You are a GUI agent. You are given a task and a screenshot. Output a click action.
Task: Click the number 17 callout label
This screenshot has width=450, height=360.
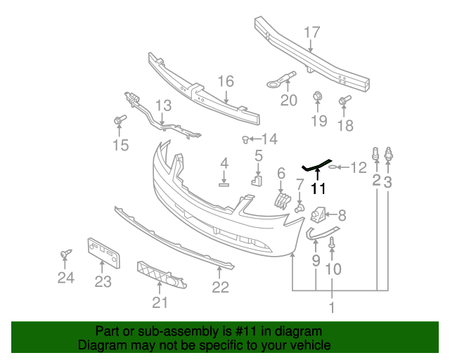click(x=311, y=32)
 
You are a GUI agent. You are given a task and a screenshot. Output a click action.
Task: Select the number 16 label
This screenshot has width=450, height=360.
click(x=225, y=82)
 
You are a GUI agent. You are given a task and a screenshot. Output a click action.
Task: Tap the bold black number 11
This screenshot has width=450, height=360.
click(x=319, y=188)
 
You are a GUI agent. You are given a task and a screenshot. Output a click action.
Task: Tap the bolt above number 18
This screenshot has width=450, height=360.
click(x=345, y=100)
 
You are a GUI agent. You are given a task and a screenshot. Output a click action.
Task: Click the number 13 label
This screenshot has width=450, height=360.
click(x=163, y=106)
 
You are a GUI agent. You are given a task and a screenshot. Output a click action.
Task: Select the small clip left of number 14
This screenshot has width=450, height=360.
click(x=247, y=139)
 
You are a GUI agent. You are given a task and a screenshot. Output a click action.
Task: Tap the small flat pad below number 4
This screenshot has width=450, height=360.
click(x=224, y=185)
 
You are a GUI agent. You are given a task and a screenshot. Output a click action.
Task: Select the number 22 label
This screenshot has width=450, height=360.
click(x=221, y=287)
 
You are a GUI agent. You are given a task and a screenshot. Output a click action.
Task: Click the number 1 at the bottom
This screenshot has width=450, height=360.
click(x=332, y=307)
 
